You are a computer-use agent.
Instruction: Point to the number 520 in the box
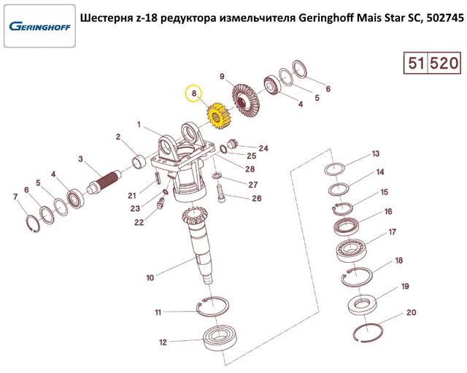[444, 64]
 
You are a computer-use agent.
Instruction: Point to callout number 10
[150, 277]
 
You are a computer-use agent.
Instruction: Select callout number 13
[375, 153]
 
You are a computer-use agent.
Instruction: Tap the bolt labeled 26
[221, 193]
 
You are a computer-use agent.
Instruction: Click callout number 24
[263, 148]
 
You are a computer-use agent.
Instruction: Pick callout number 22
[139, 223]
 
